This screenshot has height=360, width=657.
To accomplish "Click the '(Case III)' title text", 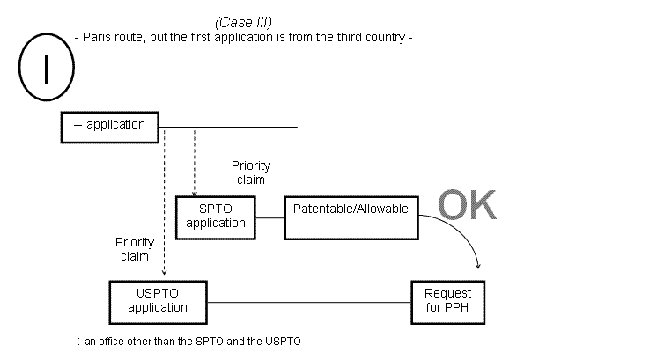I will point(242,22).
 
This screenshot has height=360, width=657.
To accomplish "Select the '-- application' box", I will point(109,125).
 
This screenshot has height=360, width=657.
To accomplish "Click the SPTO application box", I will point(216,216).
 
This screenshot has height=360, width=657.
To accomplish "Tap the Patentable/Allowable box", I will point(351,216).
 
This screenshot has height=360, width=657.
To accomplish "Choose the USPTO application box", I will point(158,301).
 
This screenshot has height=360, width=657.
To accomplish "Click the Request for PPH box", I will point(447,301).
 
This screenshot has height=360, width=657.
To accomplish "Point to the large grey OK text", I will point(467,204).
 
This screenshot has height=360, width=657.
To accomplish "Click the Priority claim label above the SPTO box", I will point(251,172).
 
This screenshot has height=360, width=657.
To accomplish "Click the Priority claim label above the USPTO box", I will point(135,249).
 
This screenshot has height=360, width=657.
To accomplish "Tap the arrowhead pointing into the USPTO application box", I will point(164,276).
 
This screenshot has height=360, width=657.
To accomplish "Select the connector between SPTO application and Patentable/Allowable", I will point(269,216).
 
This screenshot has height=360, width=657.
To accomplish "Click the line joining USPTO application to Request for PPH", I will point(308,302).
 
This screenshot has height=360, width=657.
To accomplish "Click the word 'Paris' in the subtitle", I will point(99,38).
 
